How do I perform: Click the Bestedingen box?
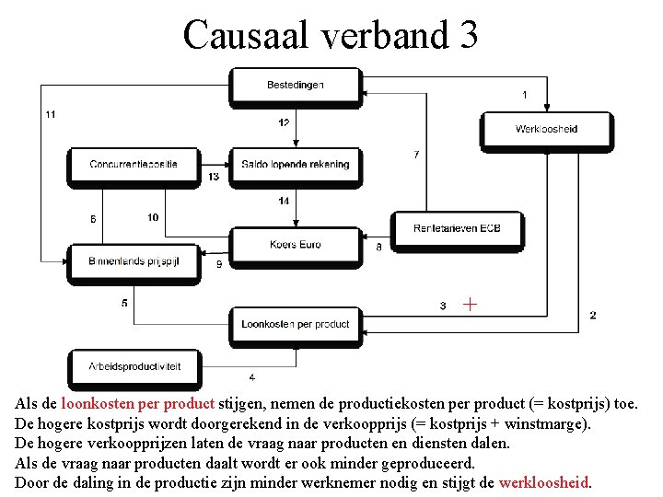coord(296,85)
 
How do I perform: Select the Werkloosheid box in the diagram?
coord(546,129)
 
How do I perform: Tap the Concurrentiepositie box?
coord(134,165)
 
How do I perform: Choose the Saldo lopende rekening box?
coord(296,165)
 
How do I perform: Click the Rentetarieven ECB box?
coord(458,227)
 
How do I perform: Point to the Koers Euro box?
coord(296,244)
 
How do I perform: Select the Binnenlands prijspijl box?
coord(134,261)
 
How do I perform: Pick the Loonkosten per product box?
coord(296,324)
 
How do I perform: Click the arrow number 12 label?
coord(284,123)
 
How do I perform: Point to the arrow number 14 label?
coord(284,201)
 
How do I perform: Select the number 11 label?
coord(50,114)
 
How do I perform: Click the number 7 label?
coord(416,154)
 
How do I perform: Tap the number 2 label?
coord(593,315)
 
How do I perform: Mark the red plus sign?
coord(470,303)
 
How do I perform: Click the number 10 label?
coord(153,217)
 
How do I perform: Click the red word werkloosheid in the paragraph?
coord(543,482)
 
